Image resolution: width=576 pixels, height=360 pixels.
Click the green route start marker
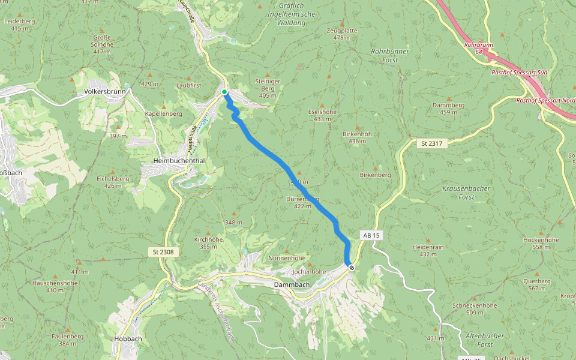(x=224, y=92)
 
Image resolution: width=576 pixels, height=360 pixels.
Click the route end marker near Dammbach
(x=351, y=268)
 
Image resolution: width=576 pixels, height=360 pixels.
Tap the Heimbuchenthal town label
(x=179, y=161)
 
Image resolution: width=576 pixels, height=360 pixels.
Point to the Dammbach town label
(x=292, y=284)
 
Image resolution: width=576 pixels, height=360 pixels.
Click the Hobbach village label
(x=127, y=338)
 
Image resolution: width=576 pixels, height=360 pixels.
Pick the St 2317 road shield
(x=431, y=143)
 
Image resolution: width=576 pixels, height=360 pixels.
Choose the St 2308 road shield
(x=163, y=252)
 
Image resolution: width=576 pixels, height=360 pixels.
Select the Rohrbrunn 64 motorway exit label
(x=478, y=48)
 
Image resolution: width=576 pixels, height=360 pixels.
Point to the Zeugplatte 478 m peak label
(x=342, y=34)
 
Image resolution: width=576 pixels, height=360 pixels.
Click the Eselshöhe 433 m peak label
(x=322, y=115)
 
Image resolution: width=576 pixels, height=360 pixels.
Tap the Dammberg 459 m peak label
(x=448, y=109)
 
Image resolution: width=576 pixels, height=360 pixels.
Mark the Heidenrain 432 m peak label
(x=428, y=250)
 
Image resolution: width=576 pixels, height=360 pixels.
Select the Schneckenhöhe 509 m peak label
(x=475, y=308)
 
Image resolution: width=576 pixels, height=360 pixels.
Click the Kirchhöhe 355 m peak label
(x=208, y=242)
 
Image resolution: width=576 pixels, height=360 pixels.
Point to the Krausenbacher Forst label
(x=466, y=192)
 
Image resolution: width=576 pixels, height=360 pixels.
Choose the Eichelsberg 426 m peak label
(x=113, y=182)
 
